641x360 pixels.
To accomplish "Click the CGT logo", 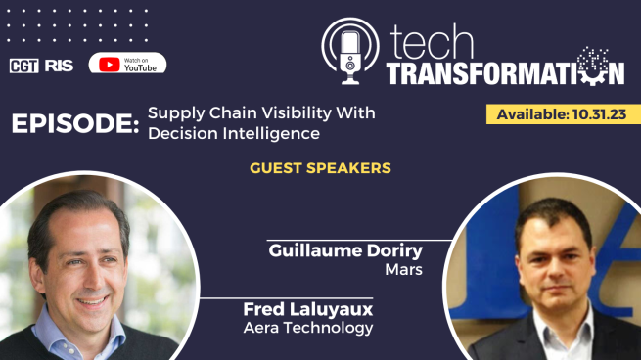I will coord(23,66).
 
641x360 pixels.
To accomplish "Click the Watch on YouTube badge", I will coord(127,64).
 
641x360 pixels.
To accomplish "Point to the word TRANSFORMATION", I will coord(504,72).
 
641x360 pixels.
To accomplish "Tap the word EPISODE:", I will coord(74,124).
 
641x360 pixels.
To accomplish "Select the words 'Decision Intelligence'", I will coord(234,133).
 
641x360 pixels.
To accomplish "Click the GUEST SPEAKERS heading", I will coord(320,168).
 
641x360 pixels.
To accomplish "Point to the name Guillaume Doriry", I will coord(345,251).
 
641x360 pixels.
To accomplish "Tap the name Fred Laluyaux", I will coord(308,310).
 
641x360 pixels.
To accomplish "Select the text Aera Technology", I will coord(308,328).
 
